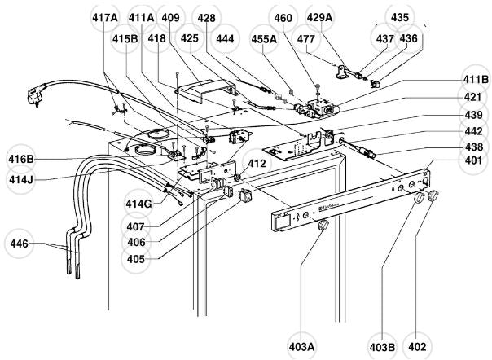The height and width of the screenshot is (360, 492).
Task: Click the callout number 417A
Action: pos(105,18)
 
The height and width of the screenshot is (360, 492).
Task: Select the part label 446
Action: pos(19,244)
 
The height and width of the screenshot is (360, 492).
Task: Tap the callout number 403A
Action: pos(302,347)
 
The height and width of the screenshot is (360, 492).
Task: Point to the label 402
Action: pos(417,347)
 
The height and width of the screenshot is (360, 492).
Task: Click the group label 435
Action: pos(400,17)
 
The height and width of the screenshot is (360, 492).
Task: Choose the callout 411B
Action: pos(476,80)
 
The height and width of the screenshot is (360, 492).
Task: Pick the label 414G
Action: pos(138,204)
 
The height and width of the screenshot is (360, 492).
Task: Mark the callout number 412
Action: pos(257,164)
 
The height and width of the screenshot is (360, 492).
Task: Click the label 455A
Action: pos(264,39)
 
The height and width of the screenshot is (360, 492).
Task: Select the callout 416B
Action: pos(21,159)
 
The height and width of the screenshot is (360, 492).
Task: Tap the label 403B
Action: pos(382,347)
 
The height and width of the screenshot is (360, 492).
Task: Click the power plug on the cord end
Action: pos(34,94)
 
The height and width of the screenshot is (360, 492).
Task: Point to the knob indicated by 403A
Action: pos(323,225)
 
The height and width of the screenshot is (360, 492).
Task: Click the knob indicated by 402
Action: pos(433,195)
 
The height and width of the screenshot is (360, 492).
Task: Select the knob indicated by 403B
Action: pos(419,198)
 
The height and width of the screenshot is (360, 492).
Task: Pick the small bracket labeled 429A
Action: pos(342,71)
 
